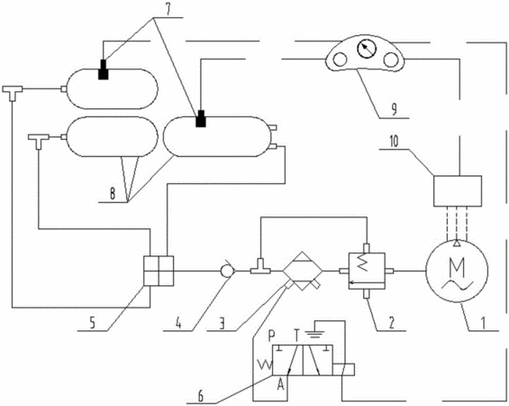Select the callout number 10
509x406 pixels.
[x=394, y=143]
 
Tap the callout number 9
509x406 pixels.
[x=394, y=109]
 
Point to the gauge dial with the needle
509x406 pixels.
[x=367, y=50]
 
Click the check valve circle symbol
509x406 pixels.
[x=226, y=270]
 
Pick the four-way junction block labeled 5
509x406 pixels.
[x=159, y=271]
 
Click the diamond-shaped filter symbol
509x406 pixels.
[x=303, y=271]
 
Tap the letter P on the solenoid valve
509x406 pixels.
[x=272, y=335]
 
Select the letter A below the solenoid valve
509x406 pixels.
[x=281, y=385]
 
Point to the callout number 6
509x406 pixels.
[x=201, y=397]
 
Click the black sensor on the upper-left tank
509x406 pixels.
[x=104, y=69]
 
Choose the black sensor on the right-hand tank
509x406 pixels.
[x=201, y=118]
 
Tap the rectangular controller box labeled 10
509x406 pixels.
[x=458, y=190]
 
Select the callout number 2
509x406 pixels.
[x=392, y=323]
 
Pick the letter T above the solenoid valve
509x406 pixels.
[x=295, y=335]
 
